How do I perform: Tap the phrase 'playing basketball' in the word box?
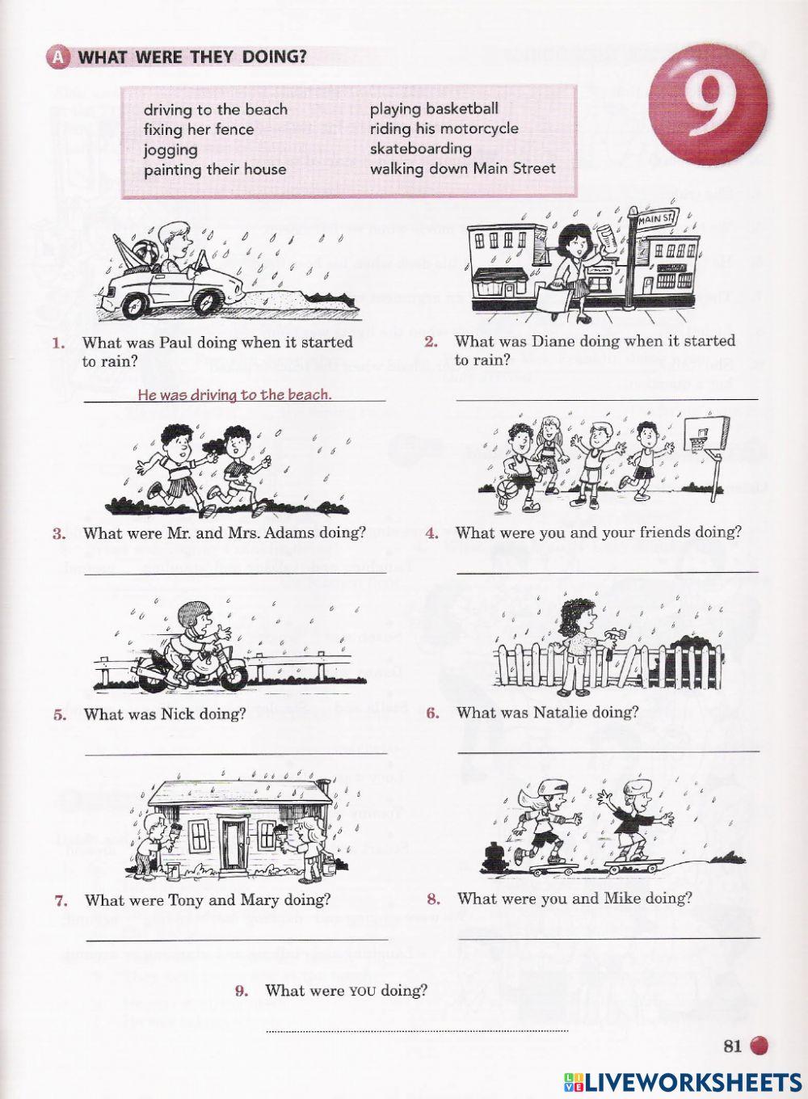[x=434, y=108]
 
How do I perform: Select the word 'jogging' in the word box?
[x=170, y=149]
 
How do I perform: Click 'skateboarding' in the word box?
[x=420, y=148]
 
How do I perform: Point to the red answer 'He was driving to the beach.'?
[x=234, y=394]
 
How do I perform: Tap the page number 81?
[x=732, y=1046]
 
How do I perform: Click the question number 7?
[x=61, y=900]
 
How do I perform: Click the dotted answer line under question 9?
[x=417, y=1030]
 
